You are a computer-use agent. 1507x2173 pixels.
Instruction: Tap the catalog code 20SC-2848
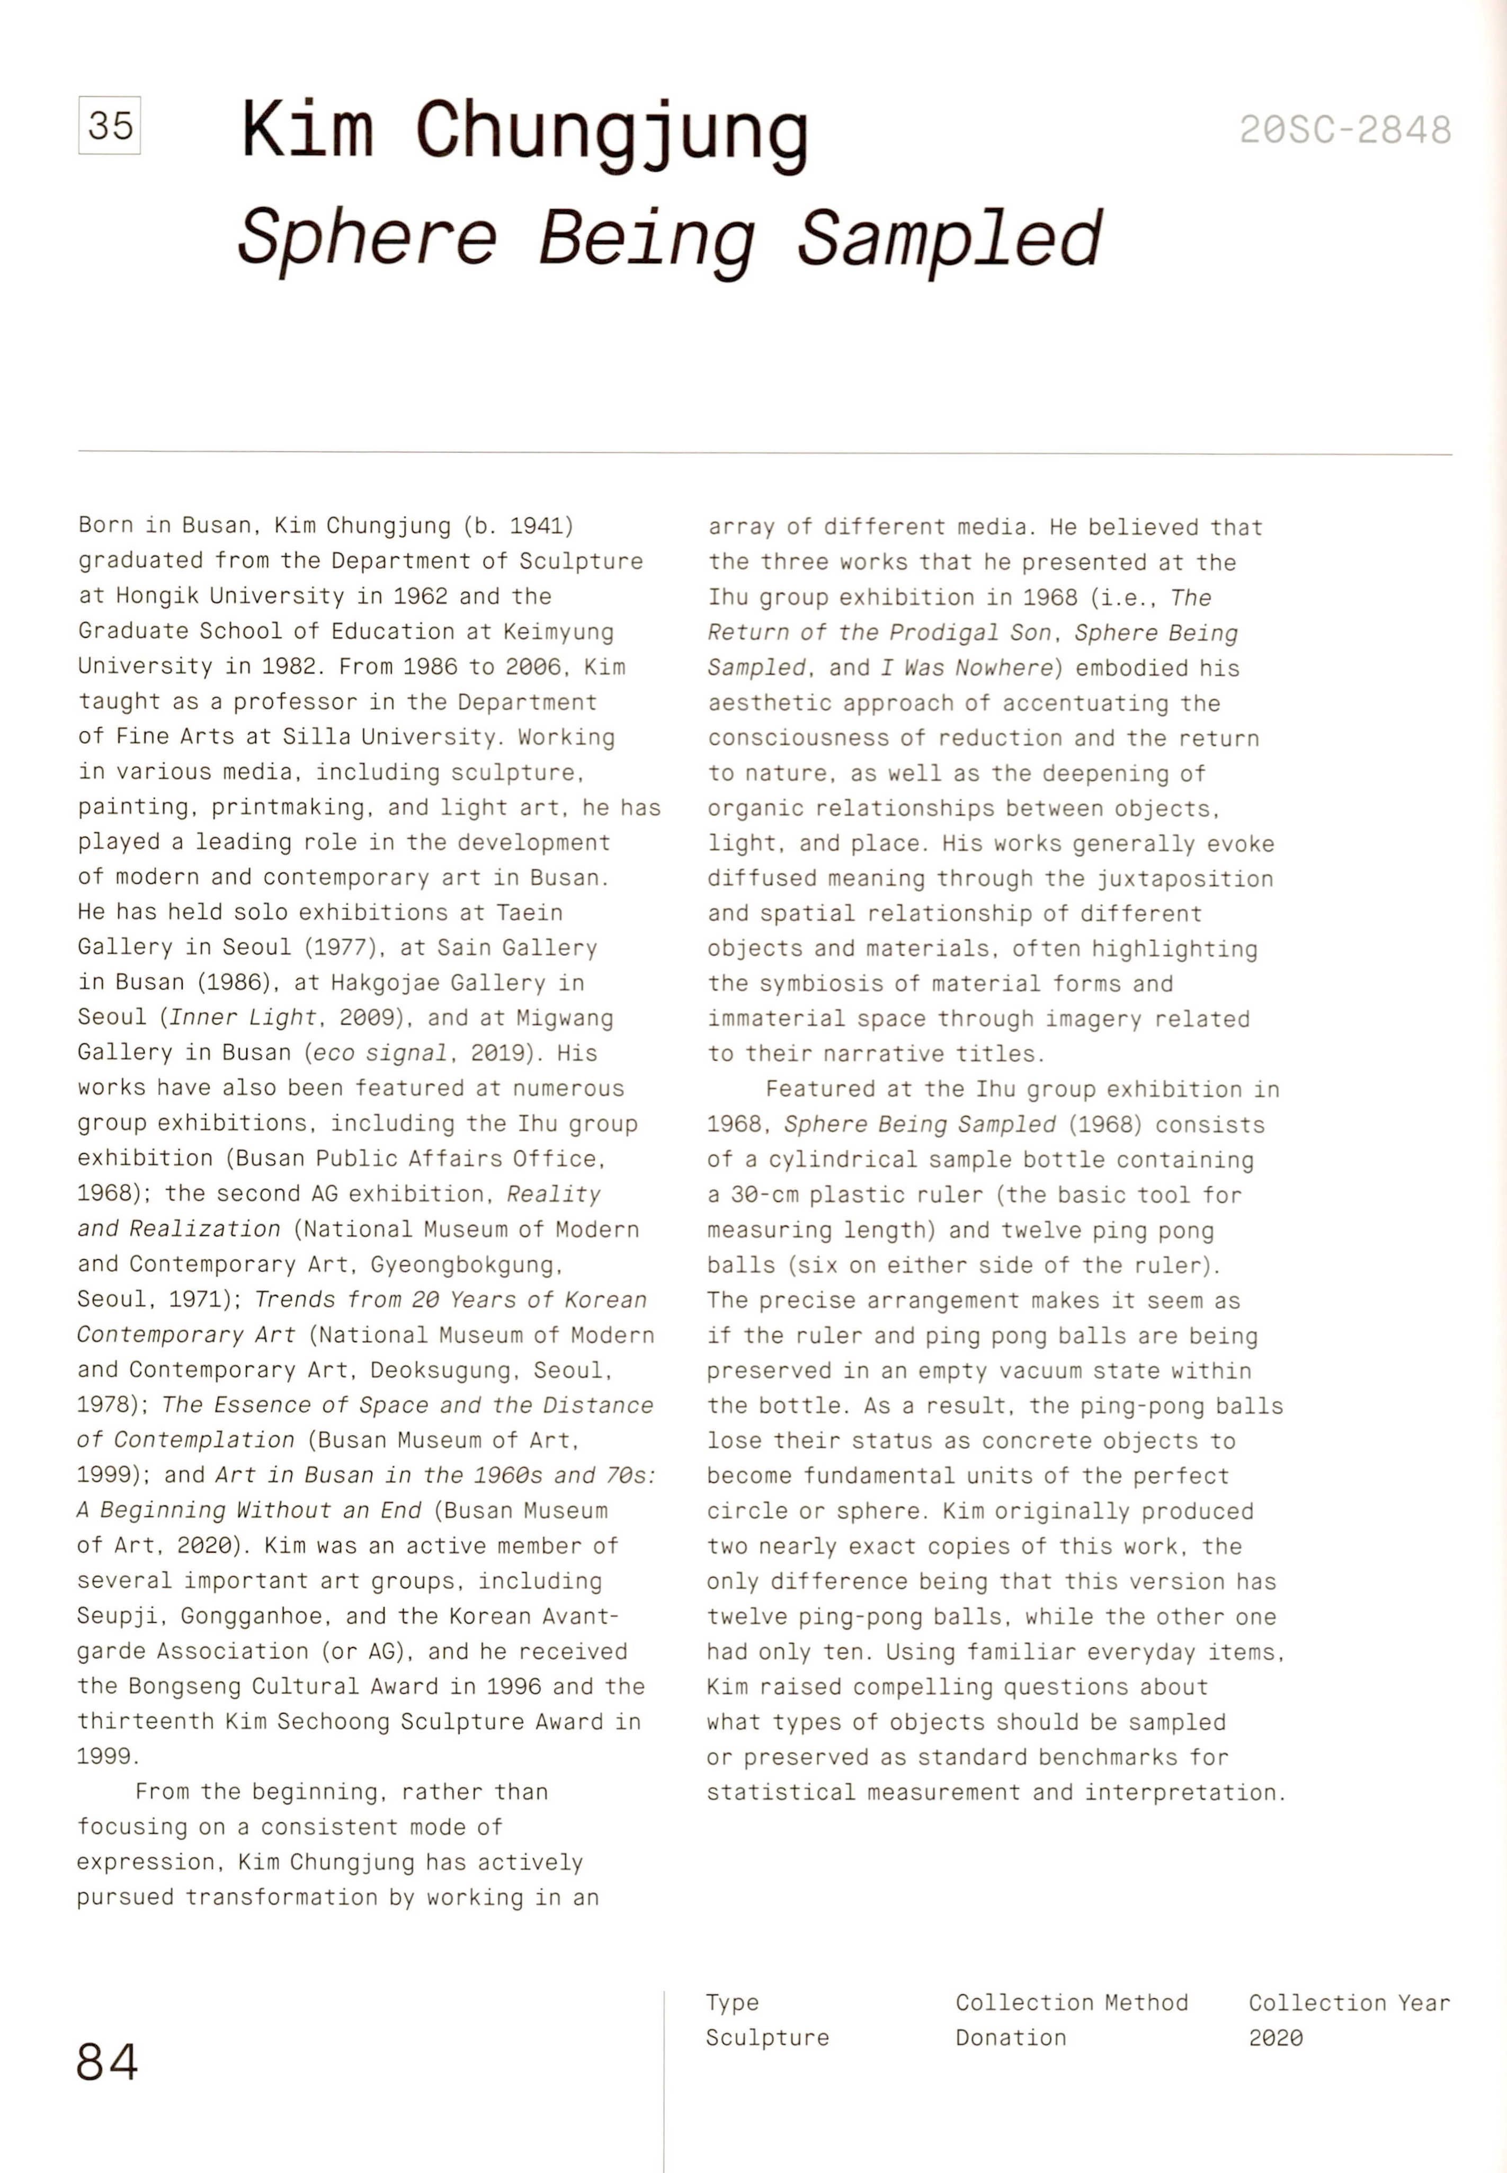coord(1344,130)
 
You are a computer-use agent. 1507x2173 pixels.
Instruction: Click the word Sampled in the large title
coord(949,238)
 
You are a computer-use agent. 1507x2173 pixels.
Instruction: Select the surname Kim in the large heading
coord(307,130)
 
